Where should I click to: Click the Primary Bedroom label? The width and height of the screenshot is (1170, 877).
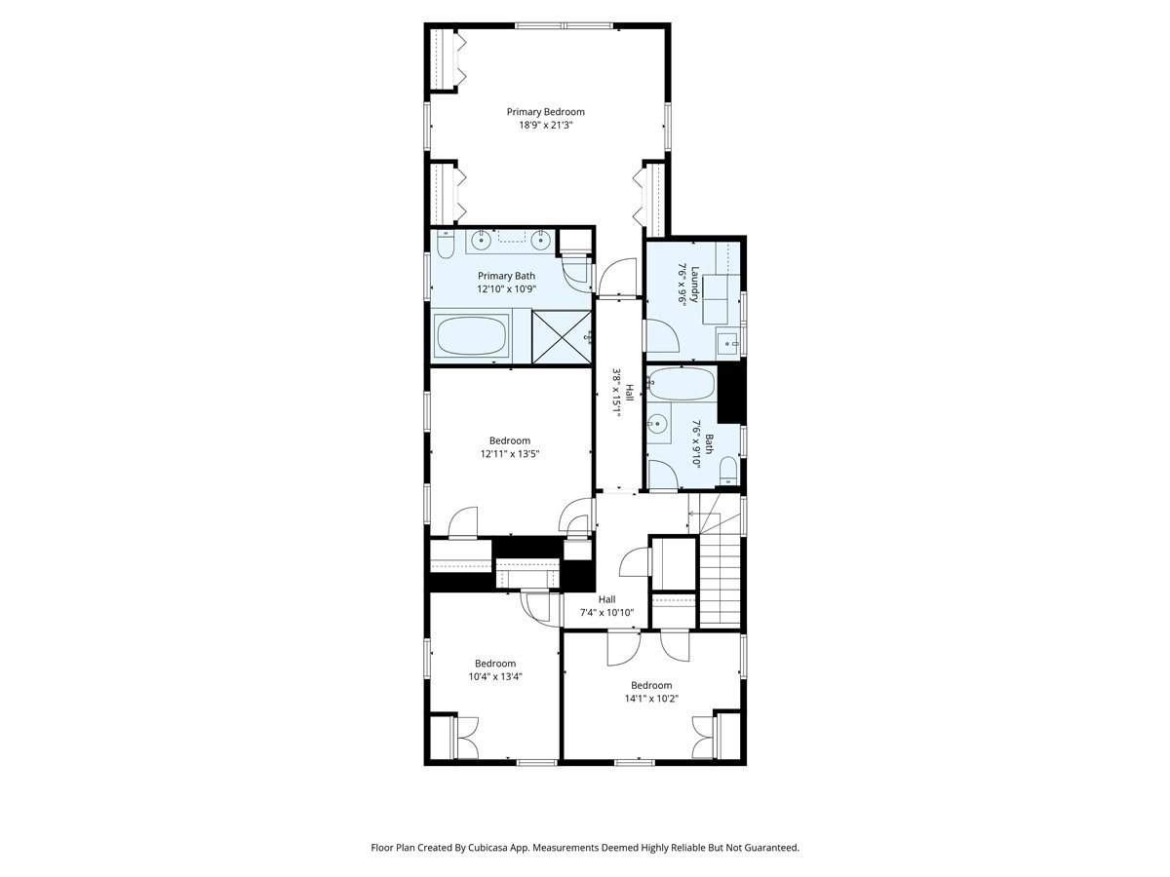(545, 112)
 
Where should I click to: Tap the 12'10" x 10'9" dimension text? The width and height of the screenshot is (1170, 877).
(505, 289)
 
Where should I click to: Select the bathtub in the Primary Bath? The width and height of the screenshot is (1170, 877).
(472, 337)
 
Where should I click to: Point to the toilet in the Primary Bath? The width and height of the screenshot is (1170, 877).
(445, 246)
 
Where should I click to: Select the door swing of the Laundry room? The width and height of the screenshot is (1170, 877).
(662, 336)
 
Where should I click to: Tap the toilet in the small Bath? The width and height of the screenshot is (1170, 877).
(727, 476)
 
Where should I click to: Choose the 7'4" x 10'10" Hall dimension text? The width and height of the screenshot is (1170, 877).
(606, 613)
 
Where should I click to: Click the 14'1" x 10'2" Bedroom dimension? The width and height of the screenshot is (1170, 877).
(651, 698)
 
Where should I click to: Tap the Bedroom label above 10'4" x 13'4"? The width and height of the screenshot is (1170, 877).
(495, 664)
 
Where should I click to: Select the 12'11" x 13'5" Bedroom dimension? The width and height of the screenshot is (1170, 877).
(509, 453)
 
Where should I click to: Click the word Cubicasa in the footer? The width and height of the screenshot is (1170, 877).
(508, 848)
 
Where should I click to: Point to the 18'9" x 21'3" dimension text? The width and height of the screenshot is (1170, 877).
(545, 125)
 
